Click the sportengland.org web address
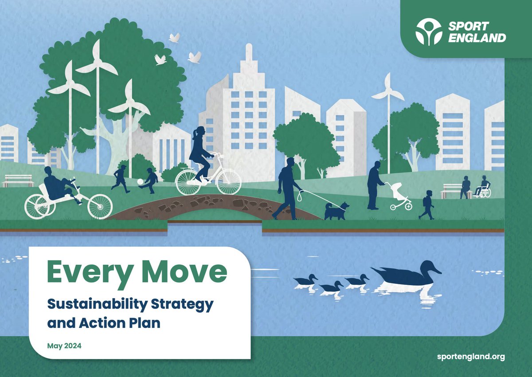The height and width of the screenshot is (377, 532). [x=470, y=357]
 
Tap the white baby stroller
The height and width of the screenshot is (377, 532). [x=399, y=196]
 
